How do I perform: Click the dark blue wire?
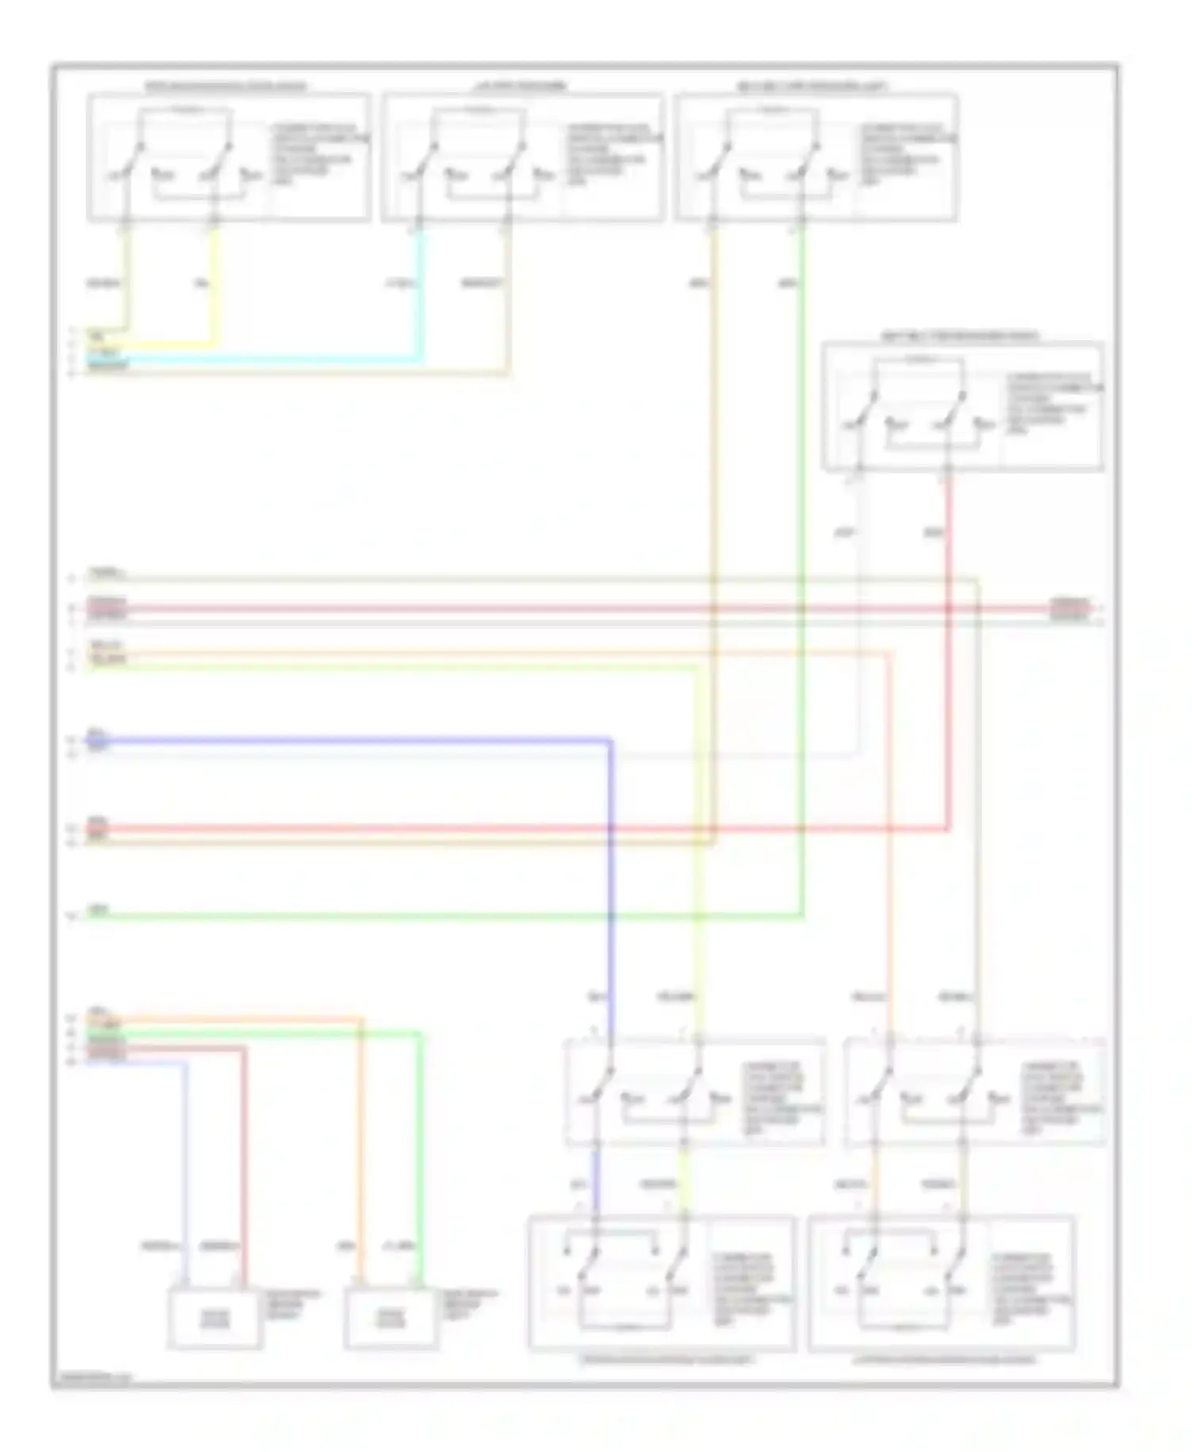(610, 874)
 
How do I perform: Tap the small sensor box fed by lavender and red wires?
(215, 1319)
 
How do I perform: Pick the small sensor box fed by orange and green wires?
(391, 1319)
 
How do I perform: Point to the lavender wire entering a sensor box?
(186, 1176)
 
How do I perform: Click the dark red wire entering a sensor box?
(244, 1176)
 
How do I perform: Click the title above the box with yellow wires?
(226, 86)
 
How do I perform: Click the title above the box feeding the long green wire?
(812, 86)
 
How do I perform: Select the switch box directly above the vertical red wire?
(962, 407)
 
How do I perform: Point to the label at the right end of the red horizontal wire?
(1070, 605)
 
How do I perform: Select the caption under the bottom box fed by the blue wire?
(666, 1360)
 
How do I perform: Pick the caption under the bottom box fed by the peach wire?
(944, 1360)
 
